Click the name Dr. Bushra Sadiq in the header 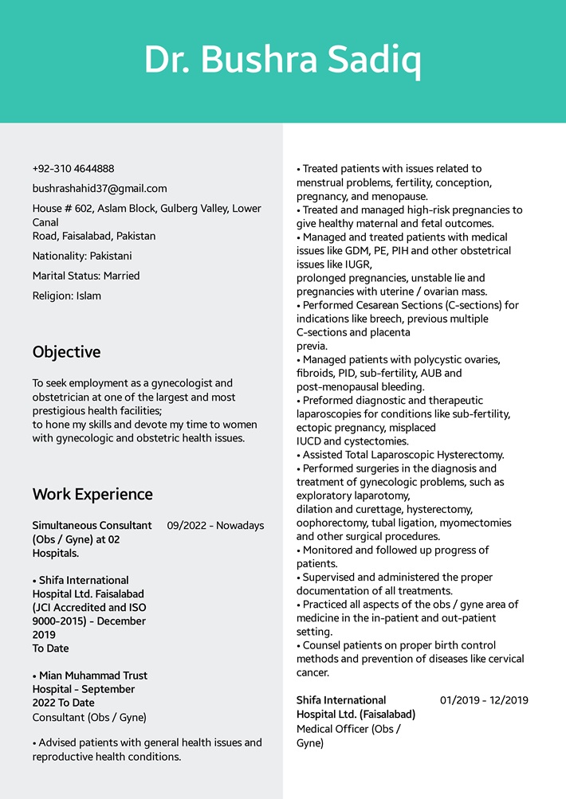(282, 61)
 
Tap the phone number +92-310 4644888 (73, 169)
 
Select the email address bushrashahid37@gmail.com (100, 189)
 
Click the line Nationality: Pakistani (82, 257)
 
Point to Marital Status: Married (86, 276)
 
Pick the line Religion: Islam (67, 296)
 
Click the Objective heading (67, 352)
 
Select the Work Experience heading (92, 495)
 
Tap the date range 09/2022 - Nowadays (215, 526)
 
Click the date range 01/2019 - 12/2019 (484, 701)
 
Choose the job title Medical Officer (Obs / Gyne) (348, 736)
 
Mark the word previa (312, 347)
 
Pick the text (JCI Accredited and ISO (89, 608)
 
